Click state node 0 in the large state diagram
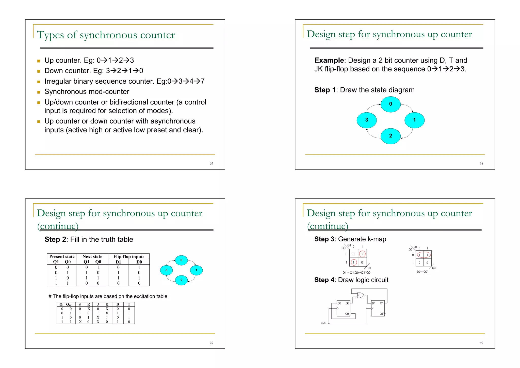coord(391,104)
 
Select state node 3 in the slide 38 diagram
coord(366,120)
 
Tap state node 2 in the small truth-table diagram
coord(181,280)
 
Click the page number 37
coord(212,164)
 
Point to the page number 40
coord(481,343)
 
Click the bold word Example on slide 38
coord(329,60)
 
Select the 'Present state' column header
coord(62,257)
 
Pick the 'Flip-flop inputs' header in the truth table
coord(129,257)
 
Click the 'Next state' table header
coord(92,257)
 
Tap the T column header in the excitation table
coord(129,304)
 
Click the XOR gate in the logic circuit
coord(360,295)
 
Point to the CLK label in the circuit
coord(323,323)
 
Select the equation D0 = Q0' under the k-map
coord(422,272)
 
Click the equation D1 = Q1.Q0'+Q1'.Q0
coord(356,273)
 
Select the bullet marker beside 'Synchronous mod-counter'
coord(39,92)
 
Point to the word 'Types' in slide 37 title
coord(50,35)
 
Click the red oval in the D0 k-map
coord(424,255)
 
